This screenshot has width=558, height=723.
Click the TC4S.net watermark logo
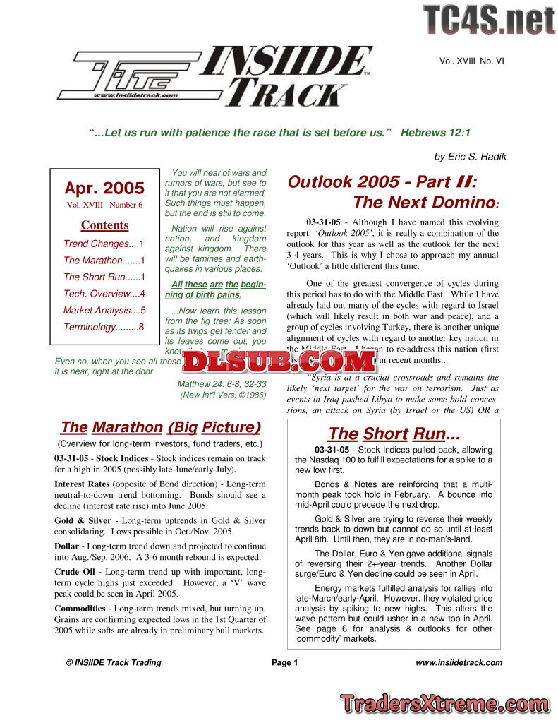(x=488, y=20)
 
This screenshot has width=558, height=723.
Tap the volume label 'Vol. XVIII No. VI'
(x=471, y=61)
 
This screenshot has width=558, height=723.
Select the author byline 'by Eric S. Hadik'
(x=469, y=157)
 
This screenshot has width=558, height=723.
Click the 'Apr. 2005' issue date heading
(x=104, y=189)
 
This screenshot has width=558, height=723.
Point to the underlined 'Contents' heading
(x=104, y=225)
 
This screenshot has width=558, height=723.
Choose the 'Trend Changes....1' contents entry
(x=104, y=244)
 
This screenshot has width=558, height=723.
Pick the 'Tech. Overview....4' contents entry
(x=104, y=294)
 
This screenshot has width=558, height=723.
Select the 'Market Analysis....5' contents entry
(x=104, y=310)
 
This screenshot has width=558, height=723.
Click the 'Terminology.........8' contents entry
(x=104, y=327)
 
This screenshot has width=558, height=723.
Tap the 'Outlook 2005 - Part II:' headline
(x=382, y=181)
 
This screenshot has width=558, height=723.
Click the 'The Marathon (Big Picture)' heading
(x=161, y=427)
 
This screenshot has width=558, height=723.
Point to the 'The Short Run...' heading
(x=394, y=434)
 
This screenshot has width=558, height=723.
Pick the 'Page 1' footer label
(x=285, y=662)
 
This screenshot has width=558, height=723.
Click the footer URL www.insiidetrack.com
(x=459, y=662)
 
